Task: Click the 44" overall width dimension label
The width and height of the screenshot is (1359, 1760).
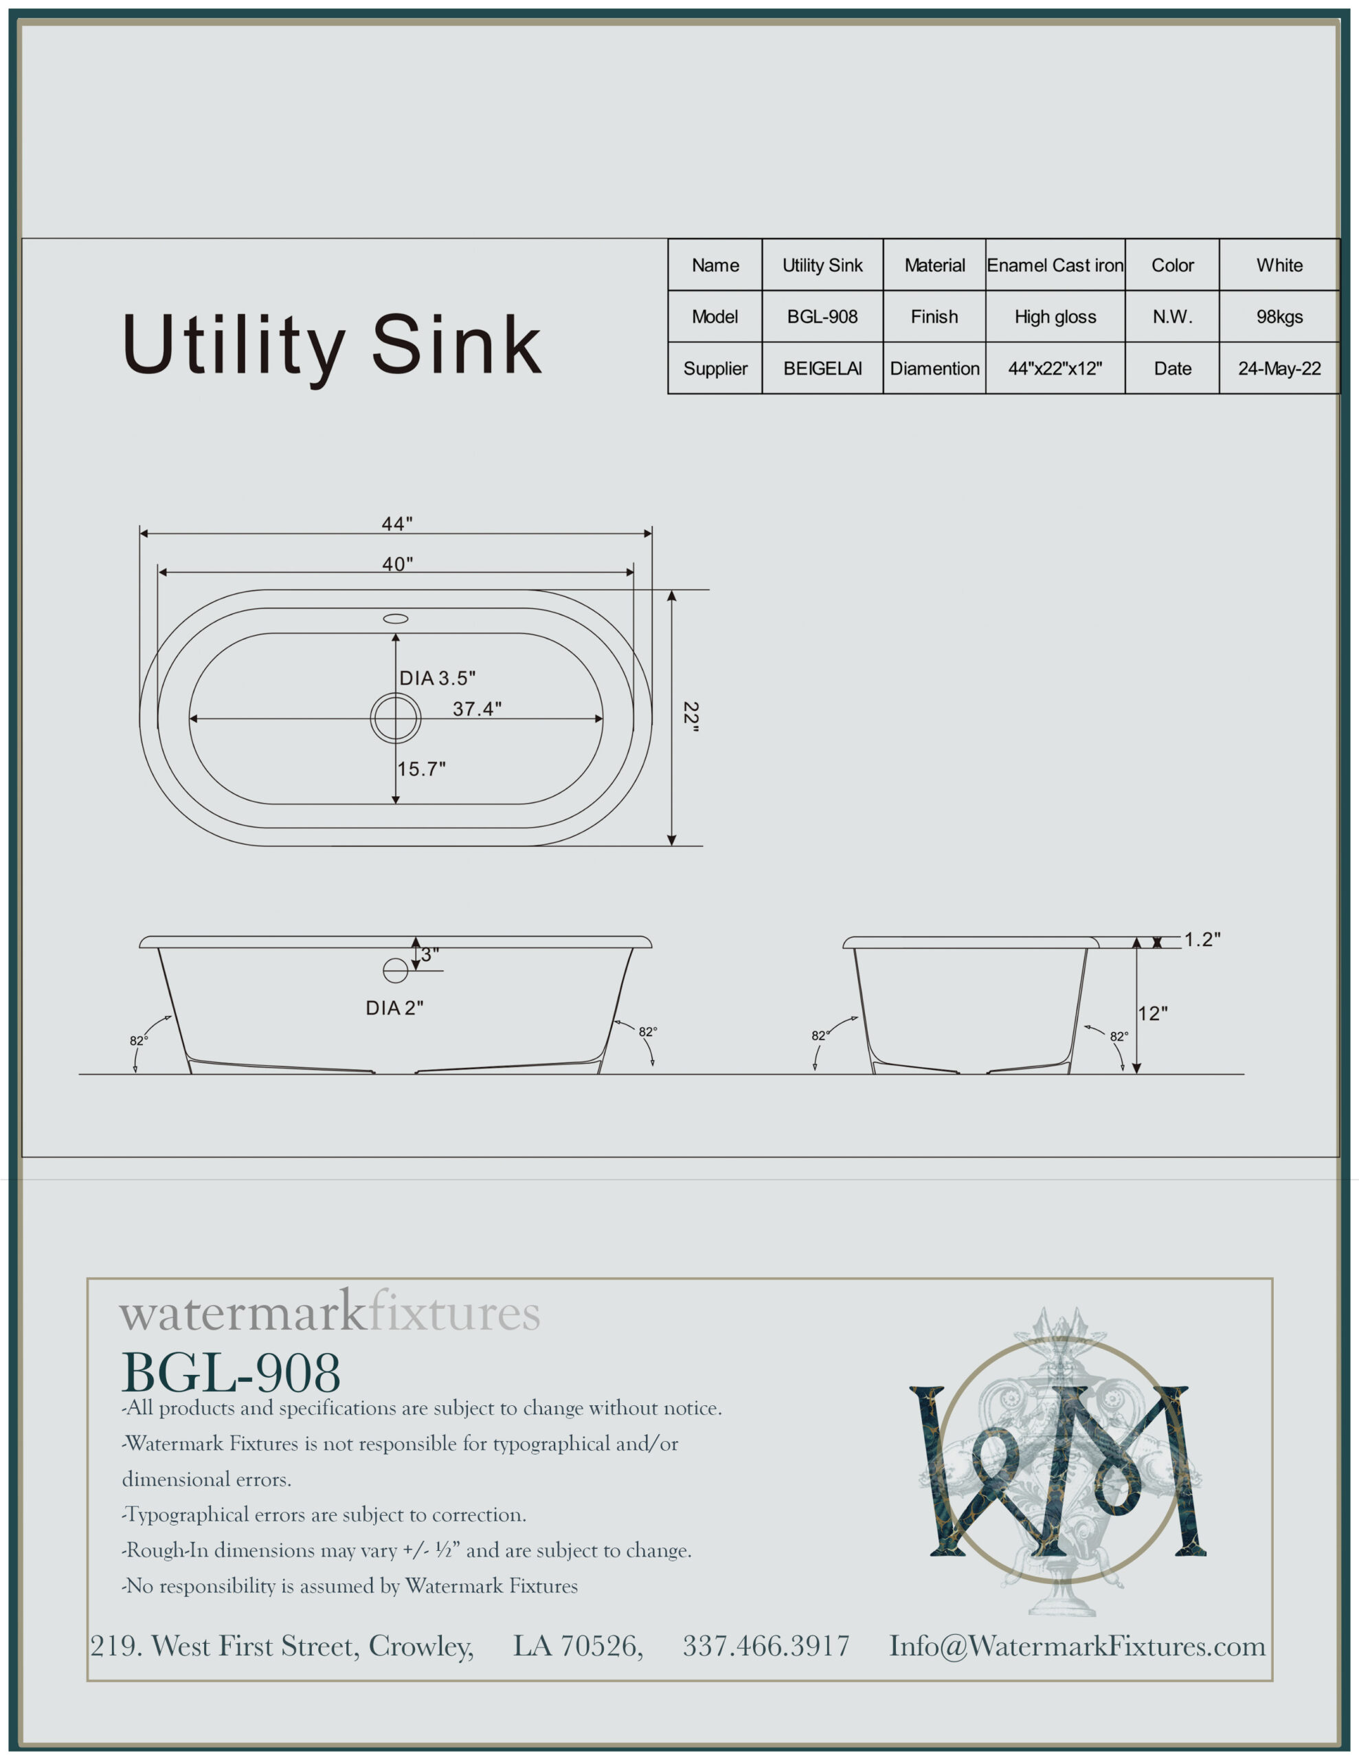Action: [397, 524]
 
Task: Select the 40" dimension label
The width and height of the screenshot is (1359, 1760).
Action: [397, 564]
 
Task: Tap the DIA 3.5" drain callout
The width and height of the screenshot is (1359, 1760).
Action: [438, 679]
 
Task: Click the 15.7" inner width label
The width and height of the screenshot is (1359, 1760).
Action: [421, 769]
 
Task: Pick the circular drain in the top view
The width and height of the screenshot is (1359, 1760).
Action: [396, 718]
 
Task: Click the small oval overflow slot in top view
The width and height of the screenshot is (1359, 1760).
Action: [396, 619]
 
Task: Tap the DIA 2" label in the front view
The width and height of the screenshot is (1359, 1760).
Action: [395, 1008]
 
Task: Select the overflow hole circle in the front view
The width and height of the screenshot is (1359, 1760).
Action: [396, 970]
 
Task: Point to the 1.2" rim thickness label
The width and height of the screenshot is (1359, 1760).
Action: [1202, 940]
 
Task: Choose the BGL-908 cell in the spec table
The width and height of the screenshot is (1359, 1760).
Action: [822, 317]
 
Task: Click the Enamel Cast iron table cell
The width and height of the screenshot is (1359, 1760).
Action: [1055, 265]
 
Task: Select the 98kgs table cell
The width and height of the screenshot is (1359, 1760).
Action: [1279, 317]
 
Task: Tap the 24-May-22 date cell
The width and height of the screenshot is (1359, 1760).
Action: [1279, 368]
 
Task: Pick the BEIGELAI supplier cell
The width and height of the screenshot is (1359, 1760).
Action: [822, 368]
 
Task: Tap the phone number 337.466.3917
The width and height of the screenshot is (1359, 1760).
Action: [766, 1647]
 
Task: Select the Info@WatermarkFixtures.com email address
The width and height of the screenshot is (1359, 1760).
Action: [1077, 1647]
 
